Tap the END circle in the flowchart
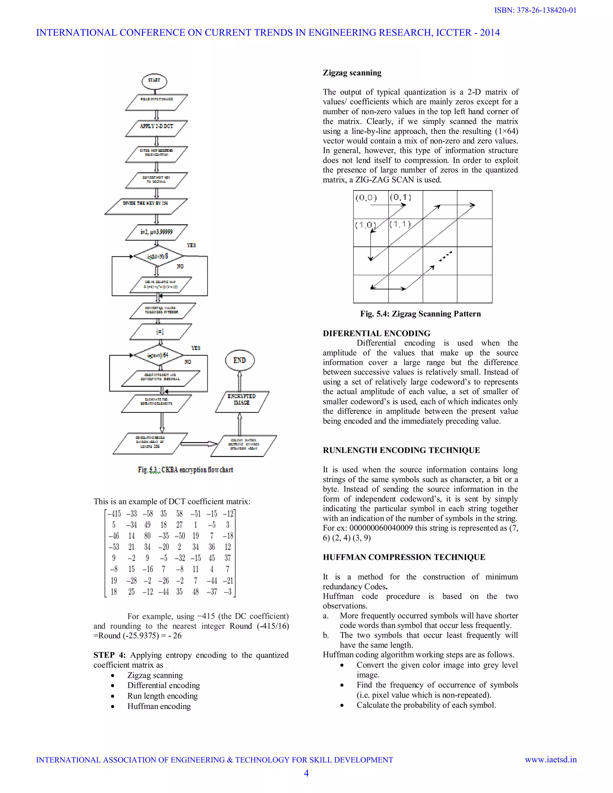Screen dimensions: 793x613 [239, 360]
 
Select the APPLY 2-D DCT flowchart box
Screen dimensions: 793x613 [157, 126]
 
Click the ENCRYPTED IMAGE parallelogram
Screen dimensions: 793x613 [242, 399]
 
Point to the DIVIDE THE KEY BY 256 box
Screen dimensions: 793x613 [146, 203]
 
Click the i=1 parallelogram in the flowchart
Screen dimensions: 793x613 [160, 332]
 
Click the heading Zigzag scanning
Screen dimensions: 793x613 [352, 73]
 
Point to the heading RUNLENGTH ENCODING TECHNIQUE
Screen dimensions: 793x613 [401, 450]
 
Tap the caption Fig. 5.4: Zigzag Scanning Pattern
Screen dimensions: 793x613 [420, 314]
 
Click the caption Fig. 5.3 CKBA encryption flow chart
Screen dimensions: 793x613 [185, 470]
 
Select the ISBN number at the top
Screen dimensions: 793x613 [535, 10]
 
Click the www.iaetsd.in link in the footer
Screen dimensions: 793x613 [550, 759]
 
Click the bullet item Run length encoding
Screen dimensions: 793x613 [162, 696]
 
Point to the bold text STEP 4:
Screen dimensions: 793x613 [109, 655]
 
